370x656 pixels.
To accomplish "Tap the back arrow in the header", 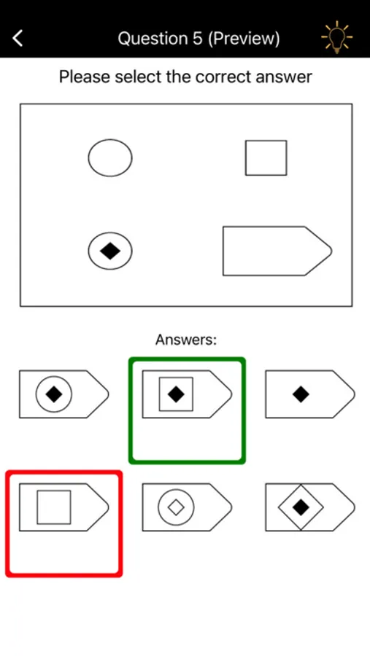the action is pyautogui.click(x=18, y=39).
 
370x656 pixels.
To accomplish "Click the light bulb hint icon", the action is pyautogui.click(x=337, y=37).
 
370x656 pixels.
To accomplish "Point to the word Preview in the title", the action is pyautogui.click(x=244, y=39).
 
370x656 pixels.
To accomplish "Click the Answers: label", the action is pyautogui.click(x=186, y=339).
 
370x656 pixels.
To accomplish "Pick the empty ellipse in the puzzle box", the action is pyautogui.click(x=110, y=157).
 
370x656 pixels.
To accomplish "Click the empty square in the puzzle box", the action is pyautogui.click(x=266, y=157).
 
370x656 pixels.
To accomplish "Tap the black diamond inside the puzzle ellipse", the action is pyautogui.click(x=110, y=251).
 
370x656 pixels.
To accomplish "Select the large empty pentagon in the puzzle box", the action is pyautogui.click(x=277, y=251).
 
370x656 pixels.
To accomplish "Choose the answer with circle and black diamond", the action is pyautogui.click(x=64, y=394).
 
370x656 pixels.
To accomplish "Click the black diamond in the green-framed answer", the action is pyautogui.click(x=176, y=394).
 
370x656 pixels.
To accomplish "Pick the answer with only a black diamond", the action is pyautogui.click(x=310, y=394).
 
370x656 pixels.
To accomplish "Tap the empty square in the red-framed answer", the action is pyautogui.click(x=53, y=507).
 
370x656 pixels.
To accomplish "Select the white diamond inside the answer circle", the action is pyautogui.click(x=176, y=507).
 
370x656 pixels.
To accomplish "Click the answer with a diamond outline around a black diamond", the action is pyautogui.click(x=310, y=507).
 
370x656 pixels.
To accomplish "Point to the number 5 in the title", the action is pyautogui.click(x=198, y=39).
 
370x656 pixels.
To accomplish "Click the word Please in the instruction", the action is pyautogui.click(x=85, y=77).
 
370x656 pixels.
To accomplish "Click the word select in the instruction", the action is pyautogui.click(x=136, y=77).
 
